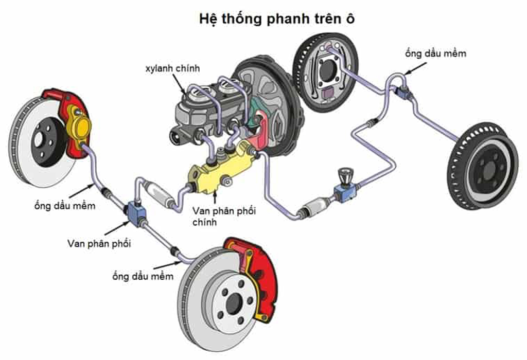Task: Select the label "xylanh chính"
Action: pyautogui.click(x=172, y=68)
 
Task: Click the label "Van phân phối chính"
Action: pyautogui.click(x=224, y=217)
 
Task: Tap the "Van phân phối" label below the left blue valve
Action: pyautogui.click(x=99, y=243)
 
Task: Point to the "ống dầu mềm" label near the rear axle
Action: pyautogui.click(x=435, y=53)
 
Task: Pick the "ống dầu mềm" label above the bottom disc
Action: pyautogui.click(x=143, y=276)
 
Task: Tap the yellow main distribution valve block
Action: pyautogui.click(x=221, y=168)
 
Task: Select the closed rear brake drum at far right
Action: pyautogui.click(x=483, y=166)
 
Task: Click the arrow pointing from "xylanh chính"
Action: pyautogui.click(x=179, y=84)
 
